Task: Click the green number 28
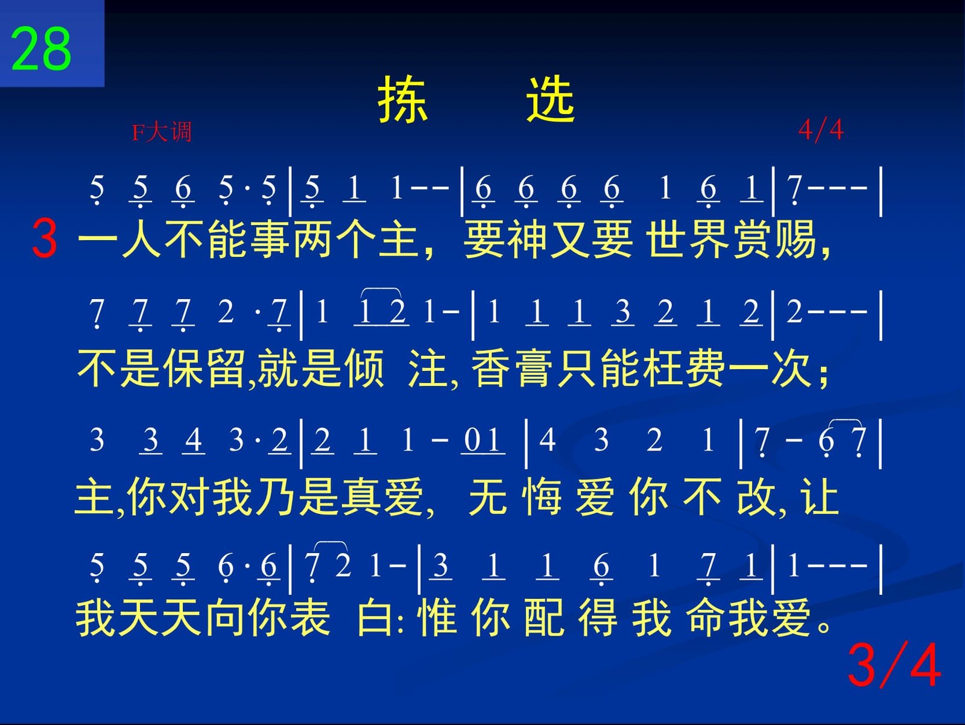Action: (40, 48)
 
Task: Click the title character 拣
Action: (402, 99)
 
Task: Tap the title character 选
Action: (551, 99)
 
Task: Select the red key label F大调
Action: (162, 131)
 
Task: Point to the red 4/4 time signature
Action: (821, 130)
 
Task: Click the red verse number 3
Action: (45, 239)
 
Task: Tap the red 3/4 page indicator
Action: (894, 665)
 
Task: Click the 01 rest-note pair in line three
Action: (482, 439)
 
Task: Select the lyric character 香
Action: (490, 369)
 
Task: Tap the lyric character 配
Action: (544, 618)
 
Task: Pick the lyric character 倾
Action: (364, 369)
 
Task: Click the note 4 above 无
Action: (548, 439)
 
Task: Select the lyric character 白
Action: (375, 618)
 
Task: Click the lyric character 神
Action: (527, 240)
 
